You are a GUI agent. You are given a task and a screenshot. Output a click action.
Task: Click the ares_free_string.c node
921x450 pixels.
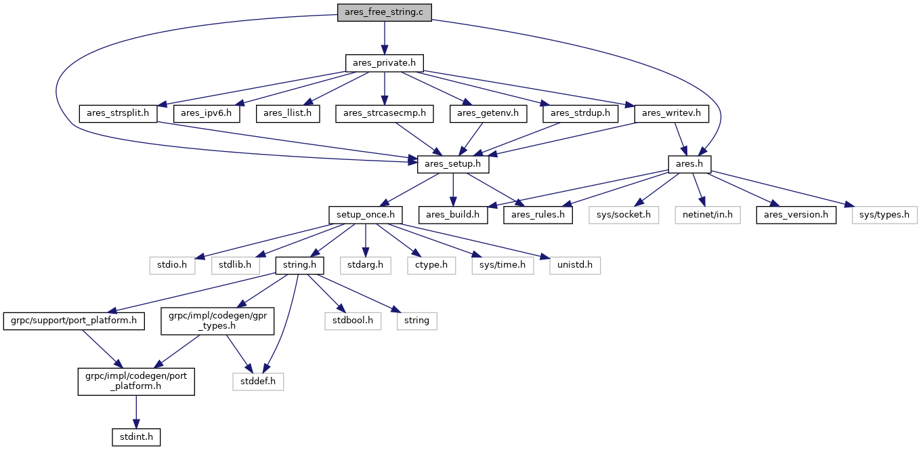point(385,12)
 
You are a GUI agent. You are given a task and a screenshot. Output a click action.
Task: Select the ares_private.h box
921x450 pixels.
point(385,63)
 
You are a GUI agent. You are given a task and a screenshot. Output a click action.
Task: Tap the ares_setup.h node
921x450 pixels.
point(452,164)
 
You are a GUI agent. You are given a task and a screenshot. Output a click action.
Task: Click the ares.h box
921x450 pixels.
point(689,164)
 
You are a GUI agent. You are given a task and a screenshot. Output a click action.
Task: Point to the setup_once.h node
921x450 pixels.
point(366,215)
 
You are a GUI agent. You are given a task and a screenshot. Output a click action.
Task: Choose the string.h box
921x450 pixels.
point(300,265)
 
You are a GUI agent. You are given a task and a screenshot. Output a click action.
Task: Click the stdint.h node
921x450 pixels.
point(136,437)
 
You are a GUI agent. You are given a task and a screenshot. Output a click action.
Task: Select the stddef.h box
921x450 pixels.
point(258,382)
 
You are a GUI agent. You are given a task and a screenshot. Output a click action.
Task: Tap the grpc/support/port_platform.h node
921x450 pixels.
point(74,321)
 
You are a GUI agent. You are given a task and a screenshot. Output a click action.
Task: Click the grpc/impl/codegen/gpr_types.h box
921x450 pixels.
point(217,321)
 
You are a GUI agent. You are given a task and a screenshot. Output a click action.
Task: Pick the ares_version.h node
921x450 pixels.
point(796,215)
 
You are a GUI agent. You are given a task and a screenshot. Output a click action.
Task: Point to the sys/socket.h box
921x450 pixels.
point(624,215)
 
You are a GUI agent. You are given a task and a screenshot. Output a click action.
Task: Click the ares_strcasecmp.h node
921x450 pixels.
point(385,114)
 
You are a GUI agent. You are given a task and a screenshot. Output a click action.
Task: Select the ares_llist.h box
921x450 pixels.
point(288,114)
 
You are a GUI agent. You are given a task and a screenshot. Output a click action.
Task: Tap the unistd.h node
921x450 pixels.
point(575,265)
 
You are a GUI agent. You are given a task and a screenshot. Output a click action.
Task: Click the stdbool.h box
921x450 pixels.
point(353,321)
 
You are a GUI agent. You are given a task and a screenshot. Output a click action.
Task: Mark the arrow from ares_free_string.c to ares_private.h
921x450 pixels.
point(385,38)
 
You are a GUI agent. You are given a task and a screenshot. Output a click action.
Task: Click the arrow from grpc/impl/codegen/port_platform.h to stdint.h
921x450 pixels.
point(136,412)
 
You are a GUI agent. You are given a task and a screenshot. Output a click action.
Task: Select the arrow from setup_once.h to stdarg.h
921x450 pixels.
point(366,240)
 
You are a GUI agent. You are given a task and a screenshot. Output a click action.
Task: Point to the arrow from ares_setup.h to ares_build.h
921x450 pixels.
point(453,190)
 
